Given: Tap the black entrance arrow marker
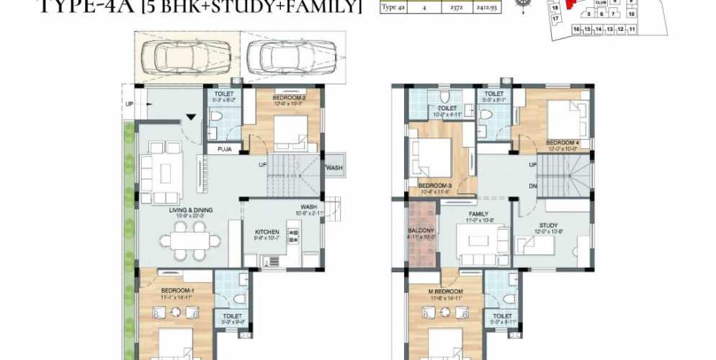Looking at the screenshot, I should (x=189, y=117).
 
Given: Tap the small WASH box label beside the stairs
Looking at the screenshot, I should (x=334, y=168).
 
